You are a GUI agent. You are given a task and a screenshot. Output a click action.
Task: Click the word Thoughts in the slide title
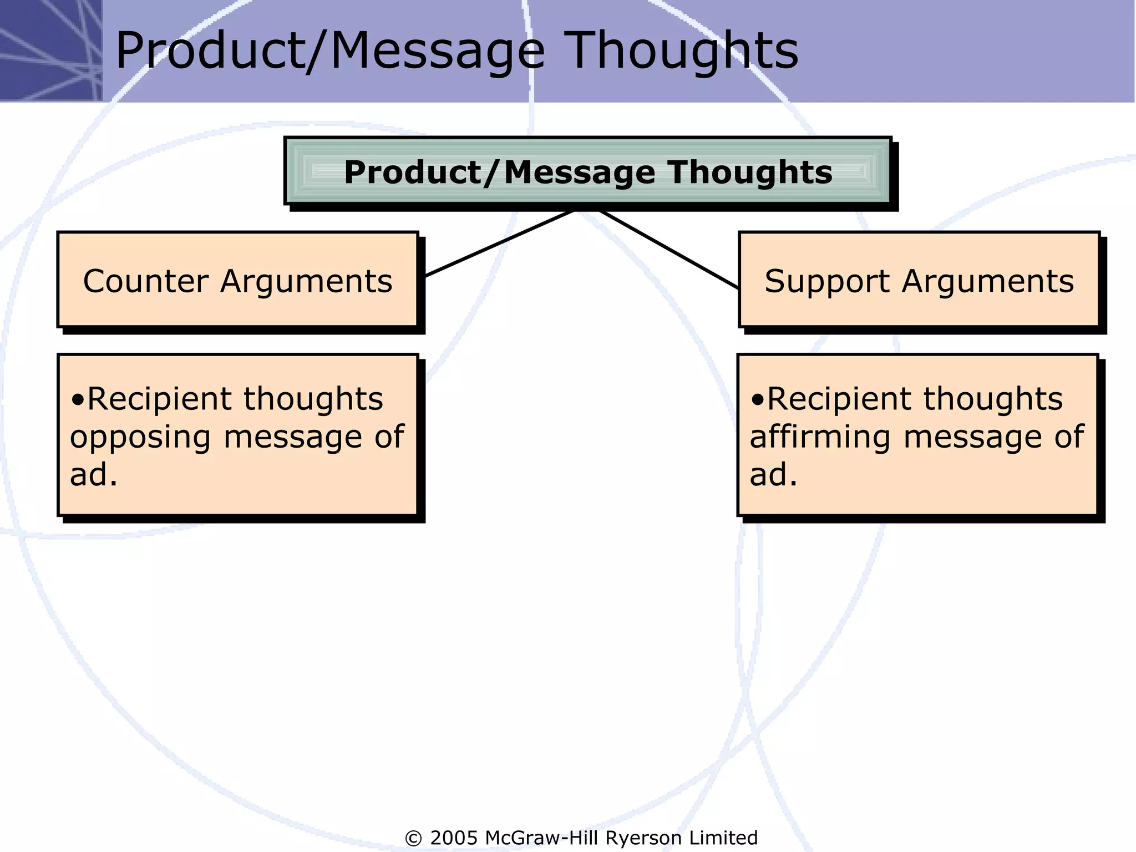click(x=683, y=51)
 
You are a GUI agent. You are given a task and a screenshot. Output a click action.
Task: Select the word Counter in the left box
click(x=146, y=281)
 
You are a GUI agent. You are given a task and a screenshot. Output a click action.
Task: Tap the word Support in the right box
click(x=827, y=281)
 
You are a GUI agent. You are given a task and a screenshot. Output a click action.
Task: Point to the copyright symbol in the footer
click(x=413, y=838)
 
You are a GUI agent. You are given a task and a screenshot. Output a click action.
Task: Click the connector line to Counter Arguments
click(x=499, y=243)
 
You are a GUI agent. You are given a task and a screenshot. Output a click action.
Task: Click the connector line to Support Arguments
click(x=668, y=250)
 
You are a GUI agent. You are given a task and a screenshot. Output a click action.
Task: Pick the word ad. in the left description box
click(x=93, y=475)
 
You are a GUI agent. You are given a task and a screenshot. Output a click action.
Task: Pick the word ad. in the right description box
click(x=773, y=475)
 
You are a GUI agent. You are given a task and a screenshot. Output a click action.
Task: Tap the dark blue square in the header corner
click(x=50, y=50)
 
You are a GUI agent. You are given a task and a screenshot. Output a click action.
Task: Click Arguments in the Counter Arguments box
click(x=306, y=281)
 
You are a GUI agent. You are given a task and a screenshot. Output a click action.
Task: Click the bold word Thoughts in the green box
click(x=749, y=173)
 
